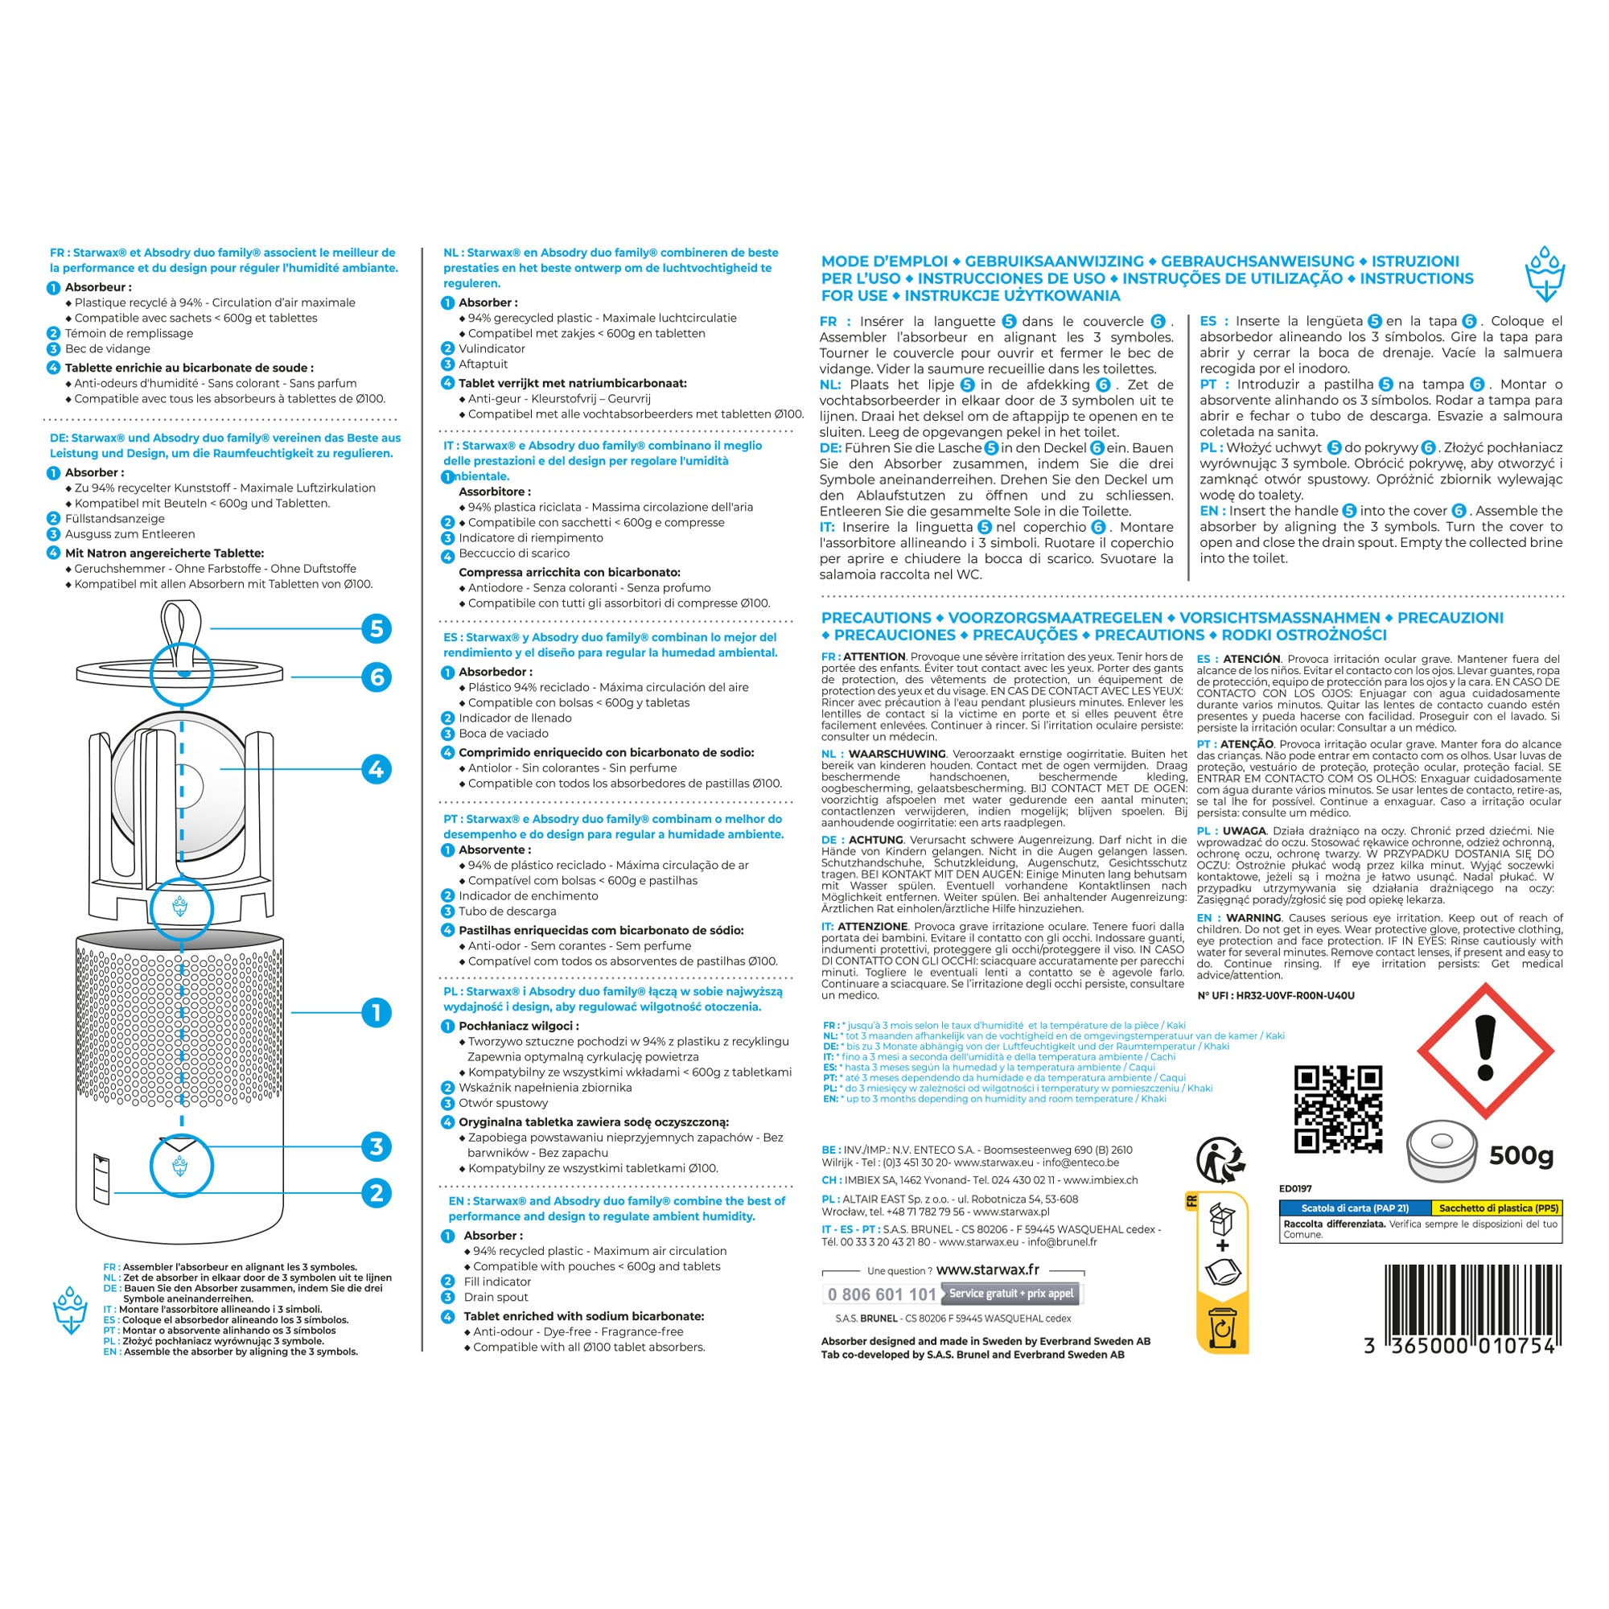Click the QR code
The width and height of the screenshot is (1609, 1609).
coord(1339,1109)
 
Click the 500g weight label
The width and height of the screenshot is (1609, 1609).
coord(1521,1155)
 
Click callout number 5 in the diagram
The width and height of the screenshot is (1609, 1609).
coord(377,628)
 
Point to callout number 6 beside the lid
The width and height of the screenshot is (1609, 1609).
coord(377,677)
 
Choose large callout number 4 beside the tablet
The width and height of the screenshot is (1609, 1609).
coord(377,768)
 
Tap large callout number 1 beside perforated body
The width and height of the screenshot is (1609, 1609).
coord(377,1013)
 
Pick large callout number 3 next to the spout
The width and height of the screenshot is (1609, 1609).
coord(377,1146)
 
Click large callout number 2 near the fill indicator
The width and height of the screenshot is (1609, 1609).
coord(377,1192)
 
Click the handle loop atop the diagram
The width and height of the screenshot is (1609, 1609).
coord(183,633)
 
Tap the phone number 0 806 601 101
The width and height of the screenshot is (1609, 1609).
coord(881,1294)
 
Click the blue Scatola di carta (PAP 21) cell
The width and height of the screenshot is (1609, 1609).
coord(1355,1208)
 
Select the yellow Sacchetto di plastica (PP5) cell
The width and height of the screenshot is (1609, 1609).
coord(1496,1208)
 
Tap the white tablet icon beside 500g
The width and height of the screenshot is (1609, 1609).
coord(1442,1154)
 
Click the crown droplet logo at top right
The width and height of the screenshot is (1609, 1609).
coord(1545,274)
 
